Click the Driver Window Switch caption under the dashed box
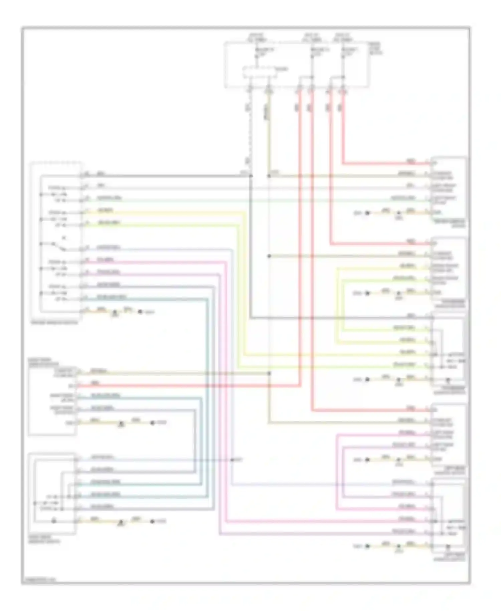tap(54, 323)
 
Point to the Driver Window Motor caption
tap(449, 223)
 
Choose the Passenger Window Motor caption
tap(449, 303)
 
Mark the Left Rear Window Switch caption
tap(449, 557)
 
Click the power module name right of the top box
tap(375, 48)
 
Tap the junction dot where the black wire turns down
tap(251, 175)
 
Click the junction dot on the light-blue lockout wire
tap(232, 460)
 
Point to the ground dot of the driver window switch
tap(140, 312)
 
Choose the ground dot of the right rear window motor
tap(152, 423)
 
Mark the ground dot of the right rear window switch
tap(152, 521)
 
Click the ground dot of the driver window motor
tap(367, 213)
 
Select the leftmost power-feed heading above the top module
tap(257, 37)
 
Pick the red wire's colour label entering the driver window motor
tap(411, 161)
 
